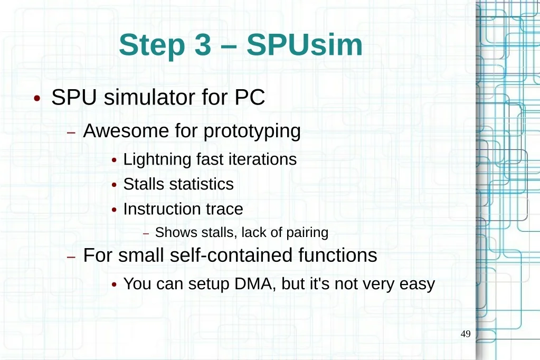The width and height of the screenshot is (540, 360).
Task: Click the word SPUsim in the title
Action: pyautogui.click(x=305, y=45)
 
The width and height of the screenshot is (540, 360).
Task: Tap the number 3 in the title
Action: pyautogui.click(x=203, y=45)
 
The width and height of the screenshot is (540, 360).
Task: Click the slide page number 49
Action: pyautogui.click(x=466, y=334)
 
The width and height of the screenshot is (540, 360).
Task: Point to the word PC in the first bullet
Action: pyautogui.click(x=250, y=97)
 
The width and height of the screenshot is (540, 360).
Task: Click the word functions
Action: pyautogui.click(x=337, y=255)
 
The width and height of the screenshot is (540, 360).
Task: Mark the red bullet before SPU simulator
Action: pyautogui.click(x=37, y=99)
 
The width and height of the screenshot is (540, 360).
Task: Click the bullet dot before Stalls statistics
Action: pyautogui.click(x=115, y=185)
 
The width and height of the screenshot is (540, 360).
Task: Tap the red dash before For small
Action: pyautogui.click(x=71, y=257)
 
